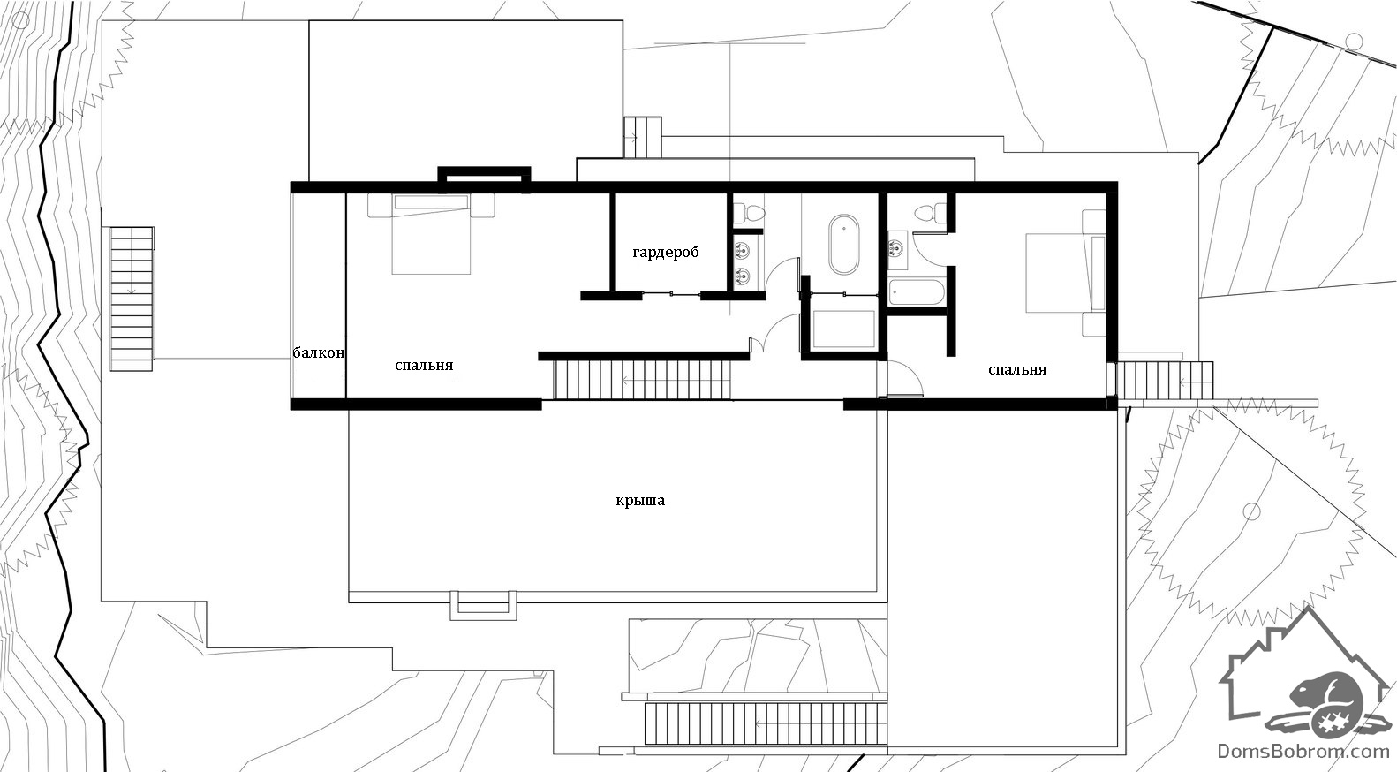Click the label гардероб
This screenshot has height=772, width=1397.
tap(666, 253)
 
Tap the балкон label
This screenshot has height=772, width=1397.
tap(319, 353)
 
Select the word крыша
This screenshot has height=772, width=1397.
tap(640, 501)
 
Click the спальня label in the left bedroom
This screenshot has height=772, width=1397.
tap(424, 366)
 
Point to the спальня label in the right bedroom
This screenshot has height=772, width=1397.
tap(1017, 370)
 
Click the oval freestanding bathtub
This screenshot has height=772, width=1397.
tap(843, 245)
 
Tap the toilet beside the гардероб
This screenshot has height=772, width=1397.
tap(748, 211)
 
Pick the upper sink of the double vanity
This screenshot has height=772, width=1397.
tap(742, 251)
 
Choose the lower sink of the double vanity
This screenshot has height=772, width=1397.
tap(742, 275)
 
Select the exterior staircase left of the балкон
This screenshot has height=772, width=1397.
tap(132, 299)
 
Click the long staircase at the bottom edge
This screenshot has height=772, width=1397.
tap(766, 723)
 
